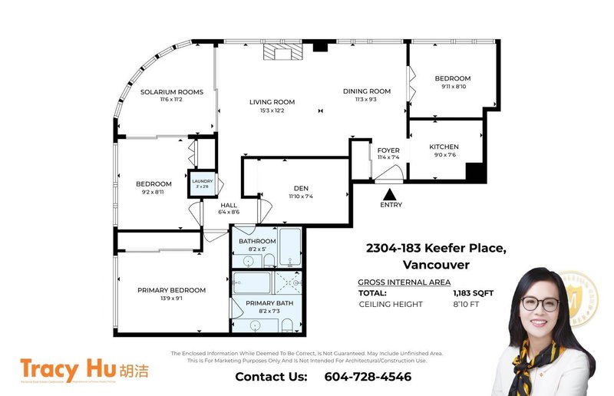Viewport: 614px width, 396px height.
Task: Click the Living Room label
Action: pyautogui.click(x=272, y=102)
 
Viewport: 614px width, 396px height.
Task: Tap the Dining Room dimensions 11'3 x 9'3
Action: pyautogui.click(x=365, y=99)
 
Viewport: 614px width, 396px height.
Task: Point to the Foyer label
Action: pyautogui.click(x=388, y=150)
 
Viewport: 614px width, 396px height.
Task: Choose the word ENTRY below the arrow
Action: pyautogui.click(x=391, y=206)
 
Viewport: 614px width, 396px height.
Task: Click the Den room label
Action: pyautogui.click(x=300, y=188)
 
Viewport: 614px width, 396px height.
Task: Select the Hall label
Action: pyautogui.click(x=229, y=205)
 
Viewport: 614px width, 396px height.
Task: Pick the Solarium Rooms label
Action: pyautogui.click(x=171, y=92)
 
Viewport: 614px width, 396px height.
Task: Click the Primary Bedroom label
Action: pyautogui.click(x=171, y=290)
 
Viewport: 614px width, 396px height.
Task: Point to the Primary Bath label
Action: pyautogui.click(x=265, y=303)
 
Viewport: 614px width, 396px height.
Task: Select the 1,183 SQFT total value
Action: pyautogui.click(x=474, y=293)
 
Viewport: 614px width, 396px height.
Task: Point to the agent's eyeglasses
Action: pyautogui.click(x=540, y=303)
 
